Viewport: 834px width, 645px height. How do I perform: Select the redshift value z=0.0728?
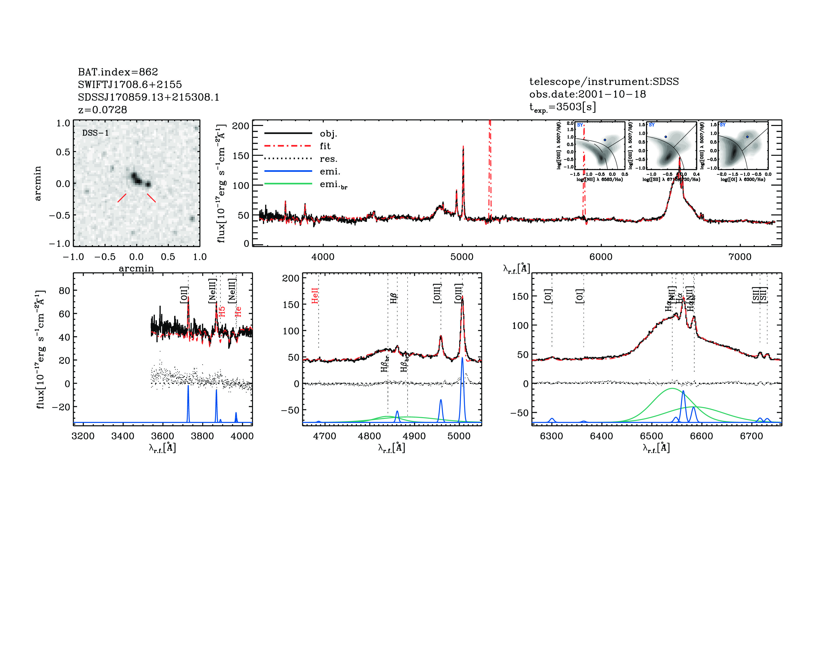(x=102, y=110)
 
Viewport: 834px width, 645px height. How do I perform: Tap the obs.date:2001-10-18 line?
(x=587, y=94)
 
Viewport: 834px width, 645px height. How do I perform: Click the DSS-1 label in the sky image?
(x=96, y=133)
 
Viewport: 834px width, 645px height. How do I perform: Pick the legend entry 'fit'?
(x=325, y=146)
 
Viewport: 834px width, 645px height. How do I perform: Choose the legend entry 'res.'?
(x=328, y=159)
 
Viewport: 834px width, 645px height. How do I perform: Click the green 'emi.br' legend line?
(x=288, y=184)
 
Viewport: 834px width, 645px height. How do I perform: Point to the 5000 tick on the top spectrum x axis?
(x=462, y=256)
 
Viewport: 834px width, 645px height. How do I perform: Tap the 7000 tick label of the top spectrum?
(x=740, y=256)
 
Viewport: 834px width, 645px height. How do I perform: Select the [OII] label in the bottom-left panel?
(x=184, y=295)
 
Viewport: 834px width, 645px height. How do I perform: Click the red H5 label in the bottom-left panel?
(x=222, y=311)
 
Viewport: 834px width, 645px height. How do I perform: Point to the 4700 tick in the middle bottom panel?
(x=324, y=436)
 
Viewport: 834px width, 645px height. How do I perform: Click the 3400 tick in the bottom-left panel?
(x=123, y=436)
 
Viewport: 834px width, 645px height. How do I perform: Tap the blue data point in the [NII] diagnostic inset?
(x=605, y=140)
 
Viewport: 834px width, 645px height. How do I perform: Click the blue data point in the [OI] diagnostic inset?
(x=747, y=136)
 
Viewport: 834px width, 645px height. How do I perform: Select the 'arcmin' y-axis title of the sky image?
(x=37, y=183)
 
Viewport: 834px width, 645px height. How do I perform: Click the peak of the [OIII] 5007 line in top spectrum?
(x=463, y=146)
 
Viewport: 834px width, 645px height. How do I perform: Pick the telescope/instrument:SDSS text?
(x=604, y=81)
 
